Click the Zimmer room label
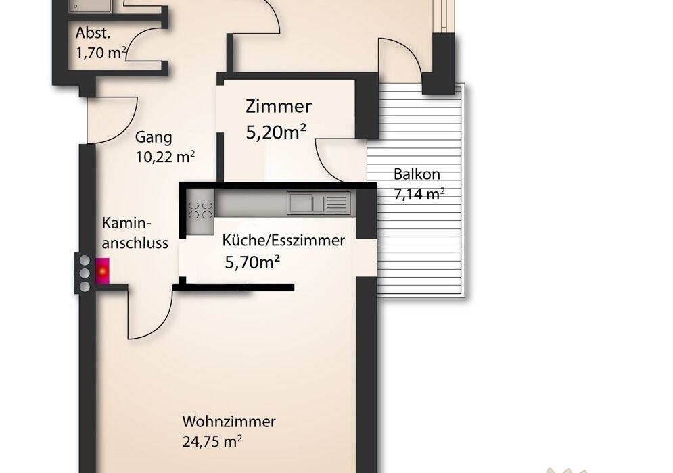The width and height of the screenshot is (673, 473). click(279, 107)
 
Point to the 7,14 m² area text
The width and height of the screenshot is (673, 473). click(419, 195)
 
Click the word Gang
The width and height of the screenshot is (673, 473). click(154, 137)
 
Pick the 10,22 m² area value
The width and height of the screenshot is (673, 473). click(166, 157)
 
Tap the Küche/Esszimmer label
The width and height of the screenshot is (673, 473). click(283, 240)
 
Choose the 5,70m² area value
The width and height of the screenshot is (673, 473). click(253, 262)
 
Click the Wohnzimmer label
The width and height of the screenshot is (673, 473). click(229, 422)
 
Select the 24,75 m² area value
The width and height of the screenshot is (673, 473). click(212, 443)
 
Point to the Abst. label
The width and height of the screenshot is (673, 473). click(92, 32)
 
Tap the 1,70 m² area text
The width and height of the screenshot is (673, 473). click(101, 53)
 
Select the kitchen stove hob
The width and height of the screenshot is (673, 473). click(200, 209)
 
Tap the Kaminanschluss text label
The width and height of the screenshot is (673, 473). click(135, 233)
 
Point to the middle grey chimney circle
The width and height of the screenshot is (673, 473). click(85, 272)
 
